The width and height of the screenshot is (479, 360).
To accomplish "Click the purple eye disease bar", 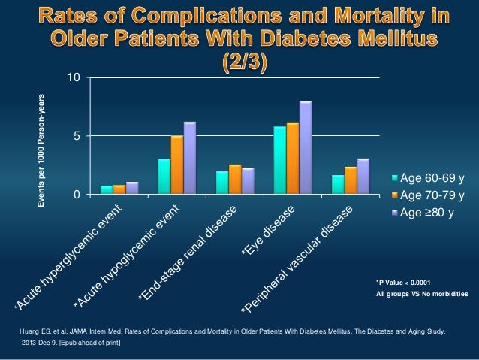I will point(305,148).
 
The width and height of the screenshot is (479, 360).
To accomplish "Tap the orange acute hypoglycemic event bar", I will point(177,165).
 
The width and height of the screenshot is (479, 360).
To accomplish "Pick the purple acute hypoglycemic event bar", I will point(190,158).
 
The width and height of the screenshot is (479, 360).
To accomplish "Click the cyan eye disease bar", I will point(279,160).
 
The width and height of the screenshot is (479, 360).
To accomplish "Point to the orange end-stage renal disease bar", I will point(235,179).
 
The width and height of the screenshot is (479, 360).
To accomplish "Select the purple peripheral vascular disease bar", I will point(363,176).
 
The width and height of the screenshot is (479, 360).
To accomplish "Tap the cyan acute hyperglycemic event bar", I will point(107,189).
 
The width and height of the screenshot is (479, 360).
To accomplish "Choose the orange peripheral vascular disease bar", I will point(350,180).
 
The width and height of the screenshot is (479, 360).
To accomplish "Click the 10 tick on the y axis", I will point(71,77).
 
